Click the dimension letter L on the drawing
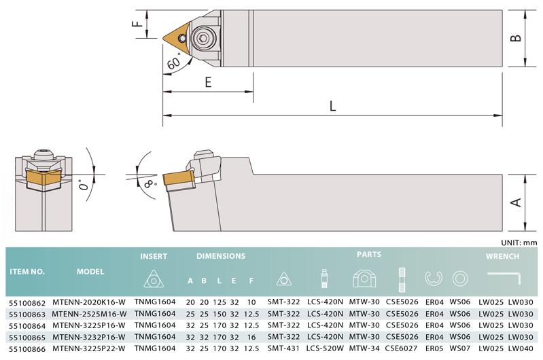pyautogui.click(x=332, y=105)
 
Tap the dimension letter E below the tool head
pyautogui.click(x=208, y=82)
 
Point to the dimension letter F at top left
pyautogui.click(x=138, y=24)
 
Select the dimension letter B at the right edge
pyautogui.click(x=516, y=38)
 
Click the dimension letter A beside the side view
pyautogui.click(x=516, y=202)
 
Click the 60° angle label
pyautogui.click(x=174, y=62)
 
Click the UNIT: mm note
pyautogui.click(x=519, y=242)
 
